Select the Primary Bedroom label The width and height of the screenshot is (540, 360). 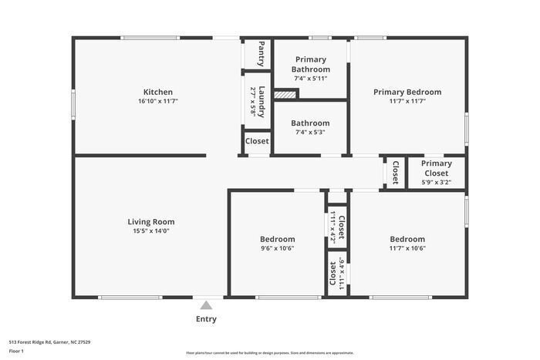point(407,92)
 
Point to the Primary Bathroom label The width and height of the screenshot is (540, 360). point(310,64)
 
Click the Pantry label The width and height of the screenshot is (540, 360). point(261,53)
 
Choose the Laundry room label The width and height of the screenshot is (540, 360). point(262,100)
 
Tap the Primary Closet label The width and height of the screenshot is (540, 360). point(436,168)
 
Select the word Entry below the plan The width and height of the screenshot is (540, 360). point(206,319)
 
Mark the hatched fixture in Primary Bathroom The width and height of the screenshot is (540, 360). point(285,95)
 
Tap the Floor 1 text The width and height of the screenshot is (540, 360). point(17,351)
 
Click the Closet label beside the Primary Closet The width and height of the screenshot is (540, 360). point(395,173)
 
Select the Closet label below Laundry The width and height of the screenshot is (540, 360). point(257,141)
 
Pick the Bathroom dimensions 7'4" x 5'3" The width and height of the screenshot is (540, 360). point(310,132)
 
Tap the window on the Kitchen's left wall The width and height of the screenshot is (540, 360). point(74,103)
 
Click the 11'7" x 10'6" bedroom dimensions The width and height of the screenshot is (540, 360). point(407,248)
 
